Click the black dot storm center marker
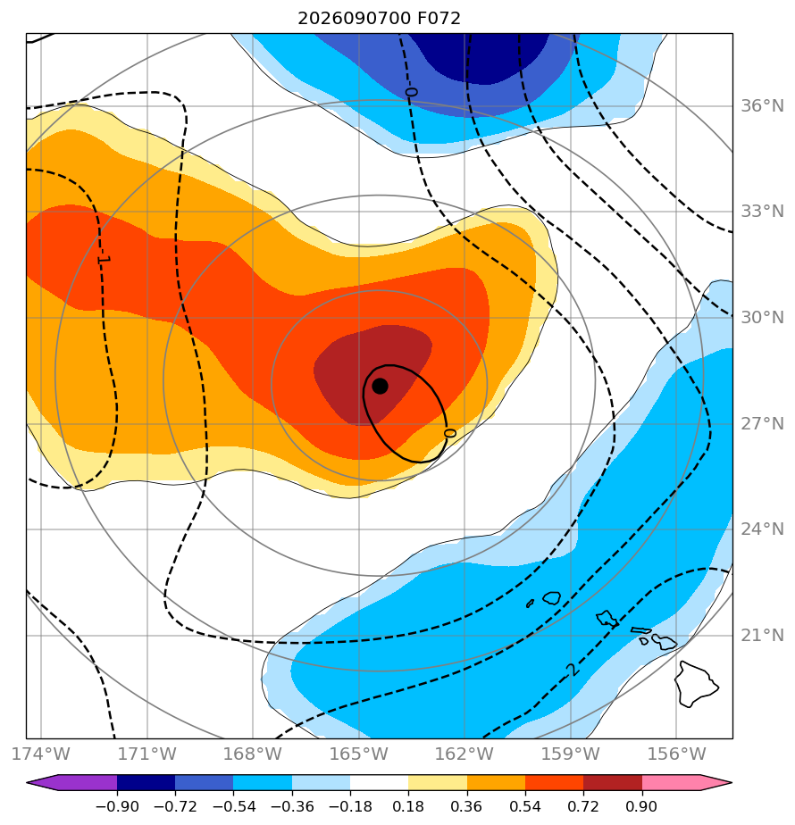381,387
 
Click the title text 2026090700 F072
379,19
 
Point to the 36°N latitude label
762,106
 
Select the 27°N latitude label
762,423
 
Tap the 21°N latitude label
762,636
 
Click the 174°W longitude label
41,754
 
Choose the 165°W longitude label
359,754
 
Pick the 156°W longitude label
676,754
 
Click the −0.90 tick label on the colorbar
117,806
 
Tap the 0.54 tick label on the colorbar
525,806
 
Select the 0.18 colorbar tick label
408,806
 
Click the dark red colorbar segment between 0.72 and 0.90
613,782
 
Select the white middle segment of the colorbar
379,782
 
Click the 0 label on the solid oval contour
449,433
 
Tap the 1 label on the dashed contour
104,260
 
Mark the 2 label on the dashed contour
573,670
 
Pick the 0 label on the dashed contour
411,92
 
